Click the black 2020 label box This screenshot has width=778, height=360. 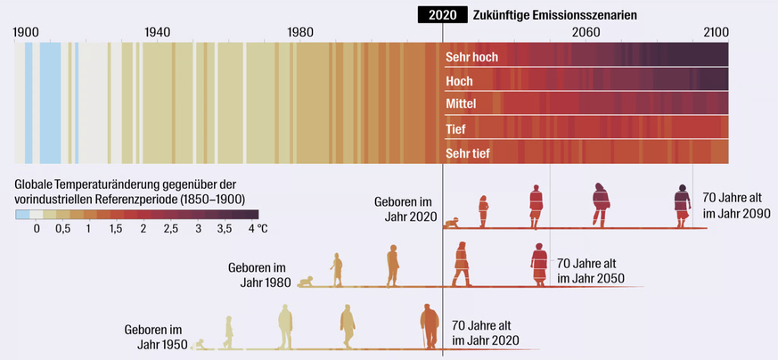pos(442,14)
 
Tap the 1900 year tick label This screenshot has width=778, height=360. pos(26,32)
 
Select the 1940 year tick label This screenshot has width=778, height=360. pos(158,32)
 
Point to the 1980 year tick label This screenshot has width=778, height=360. pos(300,32)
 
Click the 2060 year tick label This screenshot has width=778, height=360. pos(586,32)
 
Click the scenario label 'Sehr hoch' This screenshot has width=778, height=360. pos(471,58)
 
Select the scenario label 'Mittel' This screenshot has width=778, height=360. pos(461,104)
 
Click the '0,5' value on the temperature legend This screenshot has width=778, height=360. pos(63,229)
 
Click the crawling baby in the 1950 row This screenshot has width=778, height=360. pos(202,344)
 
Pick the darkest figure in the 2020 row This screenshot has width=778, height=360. pos(683,206)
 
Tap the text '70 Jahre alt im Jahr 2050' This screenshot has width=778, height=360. pos(590,271)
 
